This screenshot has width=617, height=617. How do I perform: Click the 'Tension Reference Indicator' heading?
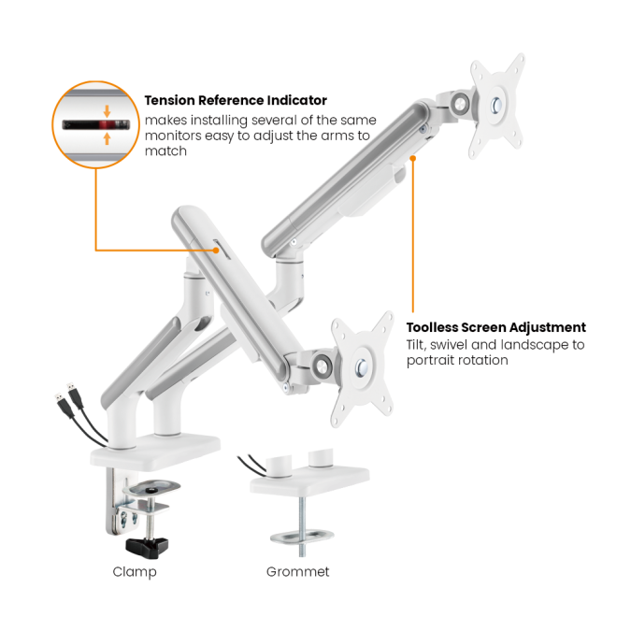coord(236,100)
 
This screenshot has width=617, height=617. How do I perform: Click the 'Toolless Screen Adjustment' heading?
coord(495,327)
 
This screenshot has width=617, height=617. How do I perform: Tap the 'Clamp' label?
coord(135,572)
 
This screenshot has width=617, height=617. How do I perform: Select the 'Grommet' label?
coord(297,572)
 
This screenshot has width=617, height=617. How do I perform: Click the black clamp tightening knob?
coord(147,547)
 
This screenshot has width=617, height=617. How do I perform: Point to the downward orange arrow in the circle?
coord(107,111)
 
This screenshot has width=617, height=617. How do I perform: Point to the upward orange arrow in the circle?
coord(107,138)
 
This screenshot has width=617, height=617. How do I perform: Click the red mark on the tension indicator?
coord(107,125)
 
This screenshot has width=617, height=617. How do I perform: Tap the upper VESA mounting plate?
coord(497,106)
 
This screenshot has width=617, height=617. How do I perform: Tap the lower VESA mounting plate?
coord(362,368)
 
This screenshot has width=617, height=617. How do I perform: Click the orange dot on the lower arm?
coord(216,250)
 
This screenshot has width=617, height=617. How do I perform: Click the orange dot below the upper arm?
coord(413,158)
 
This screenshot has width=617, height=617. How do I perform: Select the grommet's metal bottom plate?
coord(302,537)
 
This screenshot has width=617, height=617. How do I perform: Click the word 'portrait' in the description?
coord(428,361)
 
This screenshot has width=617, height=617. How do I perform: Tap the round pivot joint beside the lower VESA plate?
coord(322,366)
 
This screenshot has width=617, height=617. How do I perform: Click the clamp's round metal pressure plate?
coord(151,488)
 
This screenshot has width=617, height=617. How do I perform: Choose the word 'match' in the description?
coord(165,151)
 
